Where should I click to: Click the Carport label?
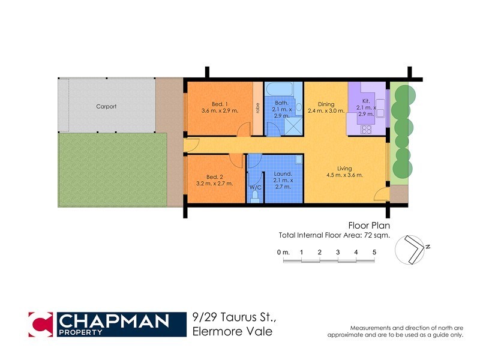pyautogui.click(x=106, y=107)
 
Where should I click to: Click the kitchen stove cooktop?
pyautogui.click(x=366, y=128)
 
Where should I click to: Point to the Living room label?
pyautogui.click(x=344, y=169)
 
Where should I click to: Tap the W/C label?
pyautogui.click(x=255, y=187)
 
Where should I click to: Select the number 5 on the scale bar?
pyautogui.click(x=374, y=252)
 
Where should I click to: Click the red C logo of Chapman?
pyautogui.click(x=40, y=324)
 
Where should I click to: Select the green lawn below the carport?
pyautogui.click(x=112, y=170)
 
